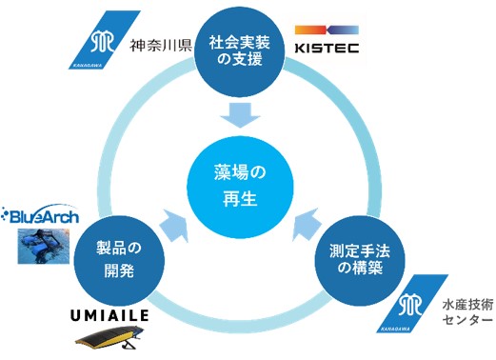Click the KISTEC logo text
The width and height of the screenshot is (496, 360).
tap(326, 47)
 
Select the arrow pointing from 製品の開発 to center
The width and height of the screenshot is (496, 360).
tap(178, 225)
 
